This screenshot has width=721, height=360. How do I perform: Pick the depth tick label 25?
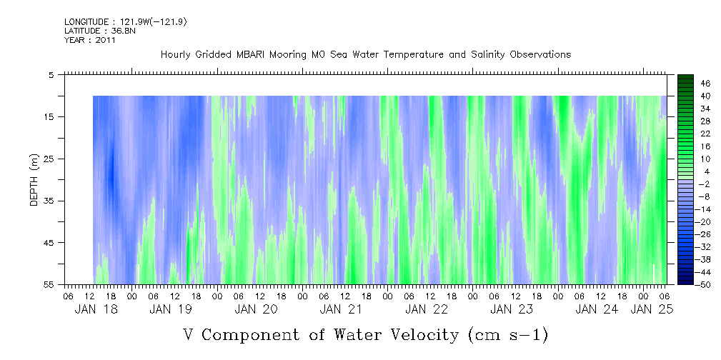49,159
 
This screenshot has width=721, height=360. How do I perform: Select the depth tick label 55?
49,285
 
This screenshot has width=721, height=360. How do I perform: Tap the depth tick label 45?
49,243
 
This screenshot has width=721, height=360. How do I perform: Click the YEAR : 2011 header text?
89,40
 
